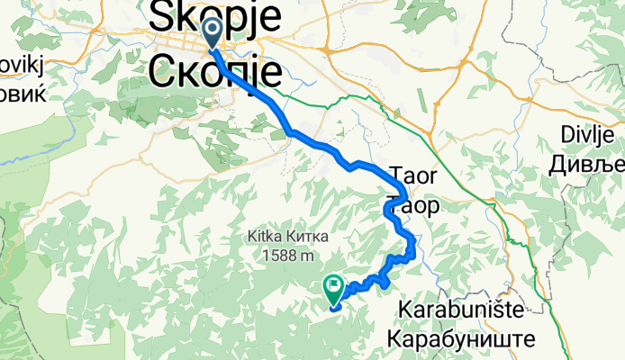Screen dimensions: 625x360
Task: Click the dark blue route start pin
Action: (213, 33)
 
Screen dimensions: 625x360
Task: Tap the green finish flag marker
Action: (332, 290)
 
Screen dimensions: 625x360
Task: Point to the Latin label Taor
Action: (413, 174)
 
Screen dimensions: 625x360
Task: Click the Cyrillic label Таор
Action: (413, 206)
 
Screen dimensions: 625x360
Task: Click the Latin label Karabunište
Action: (460, 311)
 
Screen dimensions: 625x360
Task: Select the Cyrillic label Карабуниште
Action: (460, 339)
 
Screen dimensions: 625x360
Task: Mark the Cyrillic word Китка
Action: (299, 238)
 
